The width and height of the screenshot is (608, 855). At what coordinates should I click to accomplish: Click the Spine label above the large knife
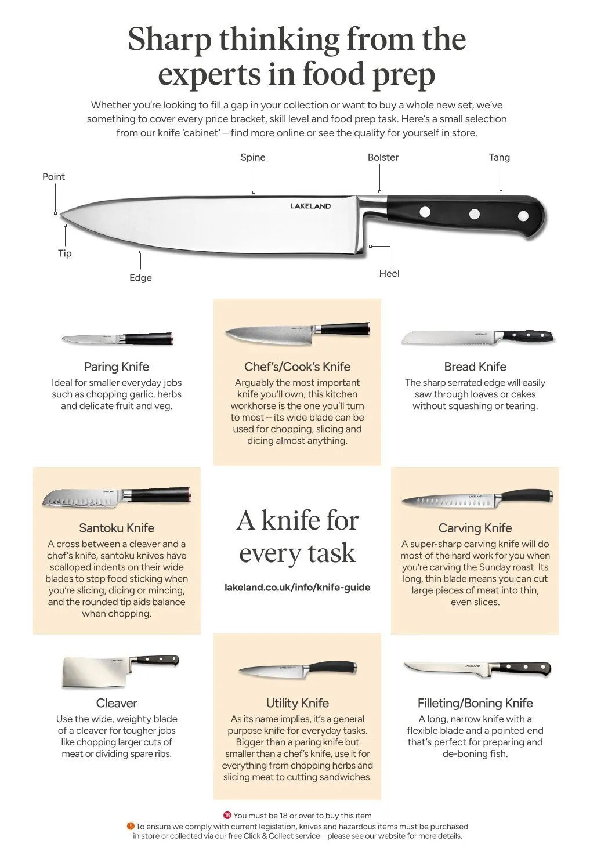[253, 157]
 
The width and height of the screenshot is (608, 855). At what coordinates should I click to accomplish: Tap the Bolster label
[383, 157]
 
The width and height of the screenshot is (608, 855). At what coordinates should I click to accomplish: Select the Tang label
[500, 157]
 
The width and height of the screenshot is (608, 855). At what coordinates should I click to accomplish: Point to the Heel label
[389, 273]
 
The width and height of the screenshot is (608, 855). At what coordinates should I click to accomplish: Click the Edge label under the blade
[140, 277]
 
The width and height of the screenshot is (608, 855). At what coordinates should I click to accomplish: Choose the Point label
[53, 177]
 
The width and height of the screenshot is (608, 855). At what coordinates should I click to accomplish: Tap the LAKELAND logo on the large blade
[310, 206]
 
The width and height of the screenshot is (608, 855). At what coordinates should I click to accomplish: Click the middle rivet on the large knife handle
[475, 213]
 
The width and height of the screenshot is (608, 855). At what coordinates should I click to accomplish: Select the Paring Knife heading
[117, 367]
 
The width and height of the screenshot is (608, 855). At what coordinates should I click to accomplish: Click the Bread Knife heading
[475, 367]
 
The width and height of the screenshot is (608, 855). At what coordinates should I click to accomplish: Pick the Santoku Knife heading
[117, 528]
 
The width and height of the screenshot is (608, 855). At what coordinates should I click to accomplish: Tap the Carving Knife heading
[475, 528]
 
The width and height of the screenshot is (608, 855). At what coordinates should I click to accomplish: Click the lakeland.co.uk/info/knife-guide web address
[297, 587]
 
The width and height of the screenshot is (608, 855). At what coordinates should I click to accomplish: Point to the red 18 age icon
[227, 816]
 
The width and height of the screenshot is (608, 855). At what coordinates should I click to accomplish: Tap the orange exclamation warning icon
[131, 826]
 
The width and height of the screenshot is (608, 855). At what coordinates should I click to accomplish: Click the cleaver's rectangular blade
[97, 672]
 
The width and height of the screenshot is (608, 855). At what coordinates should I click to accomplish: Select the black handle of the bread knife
[529, 335]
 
